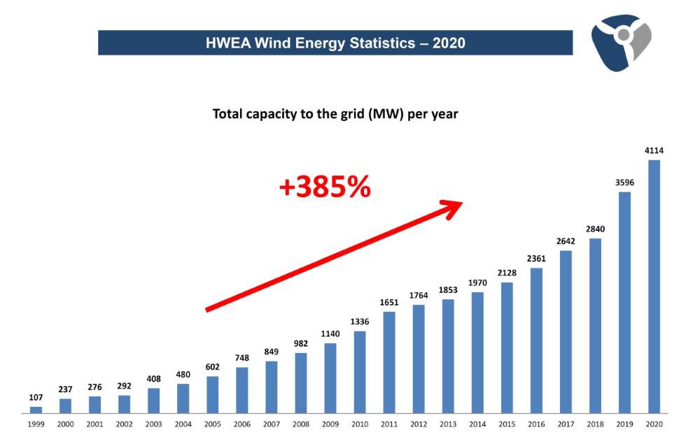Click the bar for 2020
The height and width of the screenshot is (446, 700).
tap(654, 287)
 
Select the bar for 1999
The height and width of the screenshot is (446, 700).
tap(36, 410)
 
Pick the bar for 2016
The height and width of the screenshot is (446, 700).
tap(536, 340)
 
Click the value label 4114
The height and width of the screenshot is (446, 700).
tap(654, 151)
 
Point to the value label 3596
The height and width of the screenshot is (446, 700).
tap(624, 183)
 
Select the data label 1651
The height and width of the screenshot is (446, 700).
tap(389, 302)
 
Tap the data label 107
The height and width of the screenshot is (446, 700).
tap(36, 397)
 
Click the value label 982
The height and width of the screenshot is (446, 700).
tap(301, 343)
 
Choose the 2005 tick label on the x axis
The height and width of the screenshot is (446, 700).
tap(213, 424)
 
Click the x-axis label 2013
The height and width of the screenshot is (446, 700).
tap(448, 424)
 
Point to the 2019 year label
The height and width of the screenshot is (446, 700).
tap(624, 424)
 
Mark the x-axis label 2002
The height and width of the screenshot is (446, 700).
tap(125, 424)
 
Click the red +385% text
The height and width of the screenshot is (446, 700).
tap(325, 187)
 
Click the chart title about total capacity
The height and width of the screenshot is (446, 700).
tap(335, 113)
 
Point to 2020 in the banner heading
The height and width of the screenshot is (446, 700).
tap(449, 43)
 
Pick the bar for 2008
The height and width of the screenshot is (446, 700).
tap(301, 383)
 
